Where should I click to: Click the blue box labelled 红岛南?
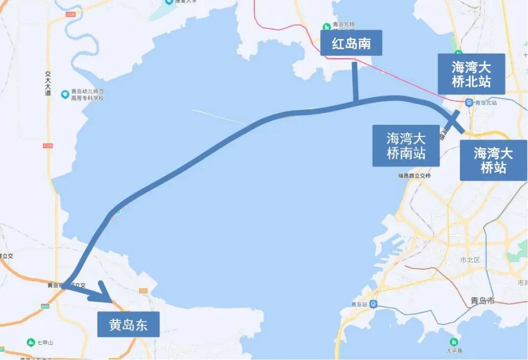pos(351,43)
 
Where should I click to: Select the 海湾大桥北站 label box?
pos(471,74)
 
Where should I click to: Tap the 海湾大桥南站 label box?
pos(406,145)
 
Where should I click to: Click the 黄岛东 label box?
pos(128,324)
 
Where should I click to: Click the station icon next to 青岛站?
pos(373,304)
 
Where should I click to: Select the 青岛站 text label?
pos(359,304)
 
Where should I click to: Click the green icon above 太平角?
pos(454,341)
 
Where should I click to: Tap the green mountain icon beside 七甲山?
pos(31,342)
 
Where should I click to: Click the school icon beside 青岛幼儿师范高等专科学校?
pos(65,94)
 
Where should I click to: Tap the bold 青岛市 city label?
pos(482,300)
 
